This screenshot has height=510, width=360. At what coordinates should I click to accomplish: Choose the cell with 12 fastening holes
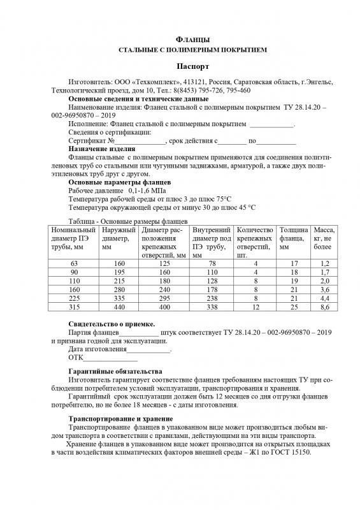tap(255, 307)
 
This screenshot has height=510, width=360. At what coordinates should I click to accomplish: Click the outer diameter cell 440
tap(117, 307)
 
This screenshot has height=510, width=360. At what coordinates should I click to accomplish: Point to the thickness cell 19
tap(294, 280)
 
